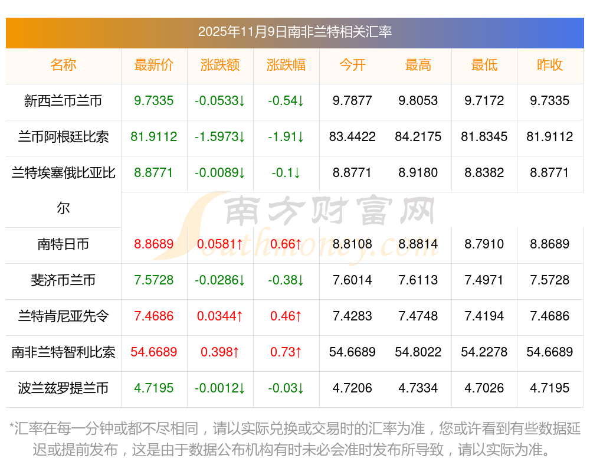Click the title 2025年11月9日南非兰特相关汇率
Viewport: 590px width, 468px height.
[294, 32]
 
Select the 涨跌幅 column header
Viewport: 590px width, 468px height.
[286, 65]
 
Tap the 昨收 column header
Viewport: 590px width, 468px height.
[550, 65]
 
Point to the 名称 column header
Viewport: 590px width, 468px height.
[63, 65]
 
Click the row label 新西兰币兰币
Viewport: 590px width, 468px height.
[63, 101]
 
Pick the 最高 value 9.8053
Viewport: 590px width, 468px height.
[418, 101]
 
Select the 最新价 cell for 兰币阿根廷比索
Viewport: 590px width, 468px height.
[154, 137]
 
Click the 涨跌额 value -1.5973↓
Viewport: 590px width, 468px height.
[220, 137]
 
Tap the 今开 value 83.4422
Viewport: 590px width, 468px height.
[352, 137]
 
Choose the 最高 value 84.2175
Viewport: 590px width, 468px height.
[418, 137]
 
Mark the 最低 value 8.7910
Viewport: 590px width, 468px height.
[484, 244]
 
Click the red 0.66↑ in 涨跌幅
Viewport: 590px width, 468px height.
[286, 244]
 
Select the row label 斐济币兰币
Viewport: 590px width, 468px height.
[63, 280]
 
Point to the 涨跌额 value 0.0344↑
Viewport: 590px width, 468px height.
[220, 316]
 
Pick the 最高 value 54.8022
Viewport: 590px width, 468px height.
[418, 352]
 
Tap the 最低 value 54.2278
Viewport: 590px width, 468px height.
[484, 352]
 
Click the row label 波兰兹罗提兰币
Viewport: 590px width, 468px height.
[63, 388]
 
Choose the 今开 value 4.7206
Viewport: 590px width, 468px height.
[352, 388]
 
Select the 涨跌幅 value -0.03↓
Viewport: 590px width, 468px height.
[286, 388]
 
